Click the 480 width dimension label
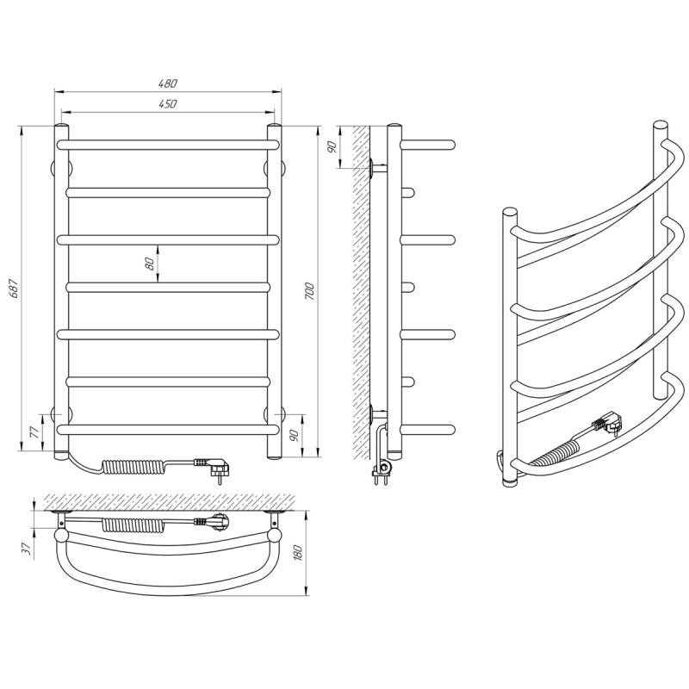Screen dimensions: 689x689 tap(167, 83)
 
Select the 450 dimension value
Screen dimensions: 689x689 tap(167, 103)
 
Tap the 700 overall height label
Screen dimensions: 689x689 tap(309, 291)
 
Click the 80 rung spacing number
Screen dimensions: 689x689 tap(149, 264)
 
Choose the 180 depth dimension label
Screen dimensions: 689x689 tap(298, 552)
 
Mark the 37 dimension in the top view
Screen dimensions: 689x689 tap(28, 548)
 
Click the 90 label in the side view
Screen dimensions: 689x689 tap(332, 147)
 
